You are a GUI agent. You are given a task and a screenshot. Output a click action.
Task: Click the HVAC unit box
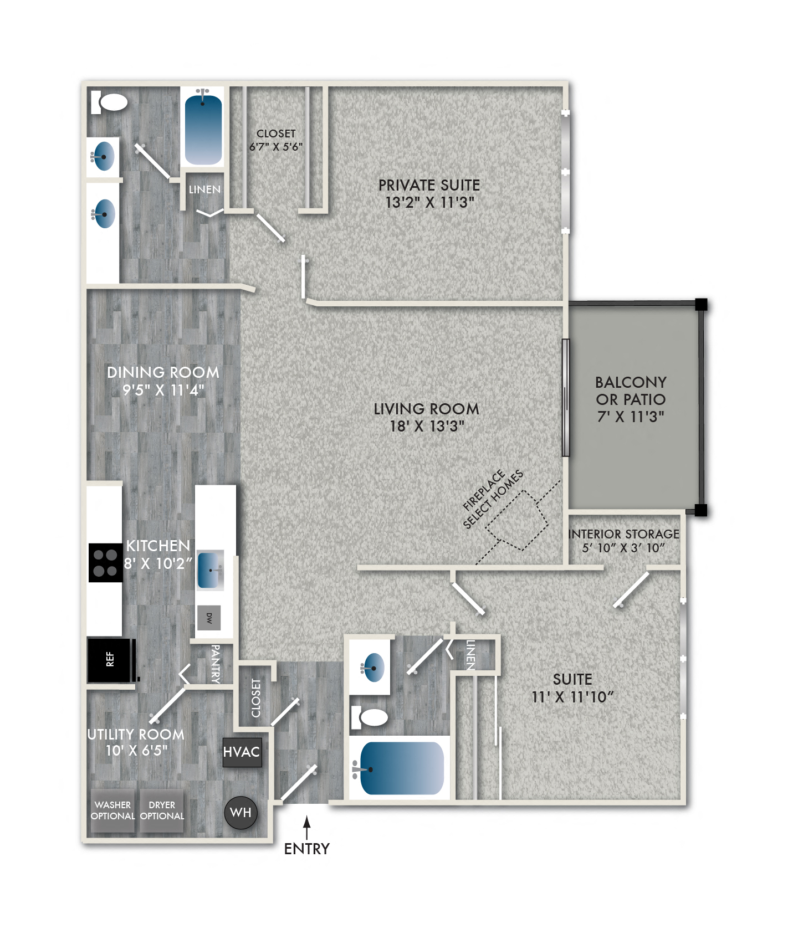click(242, 752)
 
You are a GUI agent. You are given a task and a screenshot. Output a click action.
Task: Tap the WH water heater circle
click(241, 813)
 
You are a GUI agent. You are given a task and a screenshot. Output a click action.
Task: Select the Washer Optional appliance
click(113, 810)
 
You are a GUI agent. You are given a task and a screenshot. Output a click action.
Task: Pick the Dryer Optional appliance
click(162, 810)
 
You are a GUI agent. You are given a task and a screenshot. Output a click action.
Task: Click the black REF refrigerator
click(111, 659)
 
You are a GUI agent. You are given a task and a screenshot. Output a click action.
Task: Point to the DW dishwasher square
click(209, 618)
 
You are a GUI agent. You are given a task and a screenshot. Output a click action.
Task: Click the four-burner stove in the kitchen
click(105, 562)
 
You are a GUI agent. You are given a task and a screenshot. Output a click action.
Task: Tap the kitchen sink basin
click(211, 569)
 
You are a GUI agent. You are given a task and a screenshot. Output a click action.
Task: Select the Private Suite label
click(429, 185)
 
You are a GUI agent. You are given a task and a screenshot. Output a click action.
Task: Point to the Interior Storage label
click(623, 534)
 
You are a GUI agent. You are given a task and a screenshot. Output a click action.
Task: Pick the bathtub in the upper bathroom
click(203, 129)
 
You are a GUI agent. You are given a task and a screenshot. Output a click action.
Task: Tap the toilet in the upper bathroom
click(111, 102)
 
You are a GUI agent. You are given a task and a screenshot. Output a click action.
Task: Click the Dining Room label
click(163, 372)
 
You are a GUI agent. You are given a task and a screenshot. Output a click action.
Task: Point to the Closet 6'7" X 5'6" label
click(276, 140)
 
